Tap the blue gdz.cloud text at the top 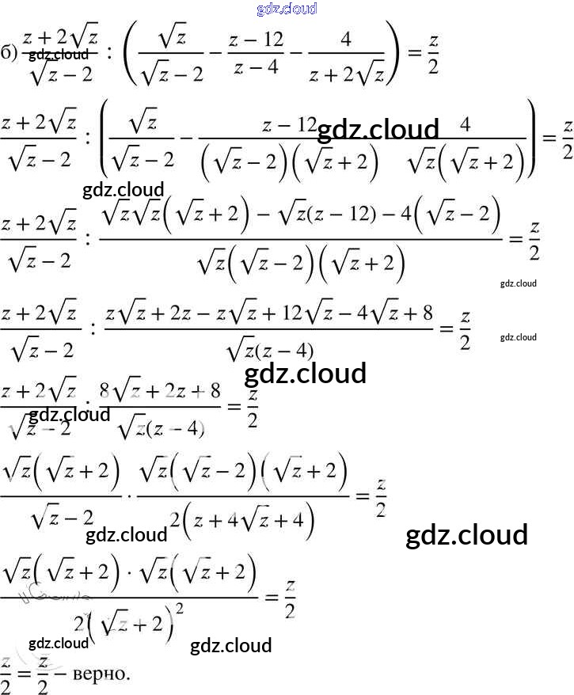tap(287, 9)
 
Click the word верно tap(99, 674)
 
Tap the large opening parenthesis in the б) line tap(128, 51)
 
